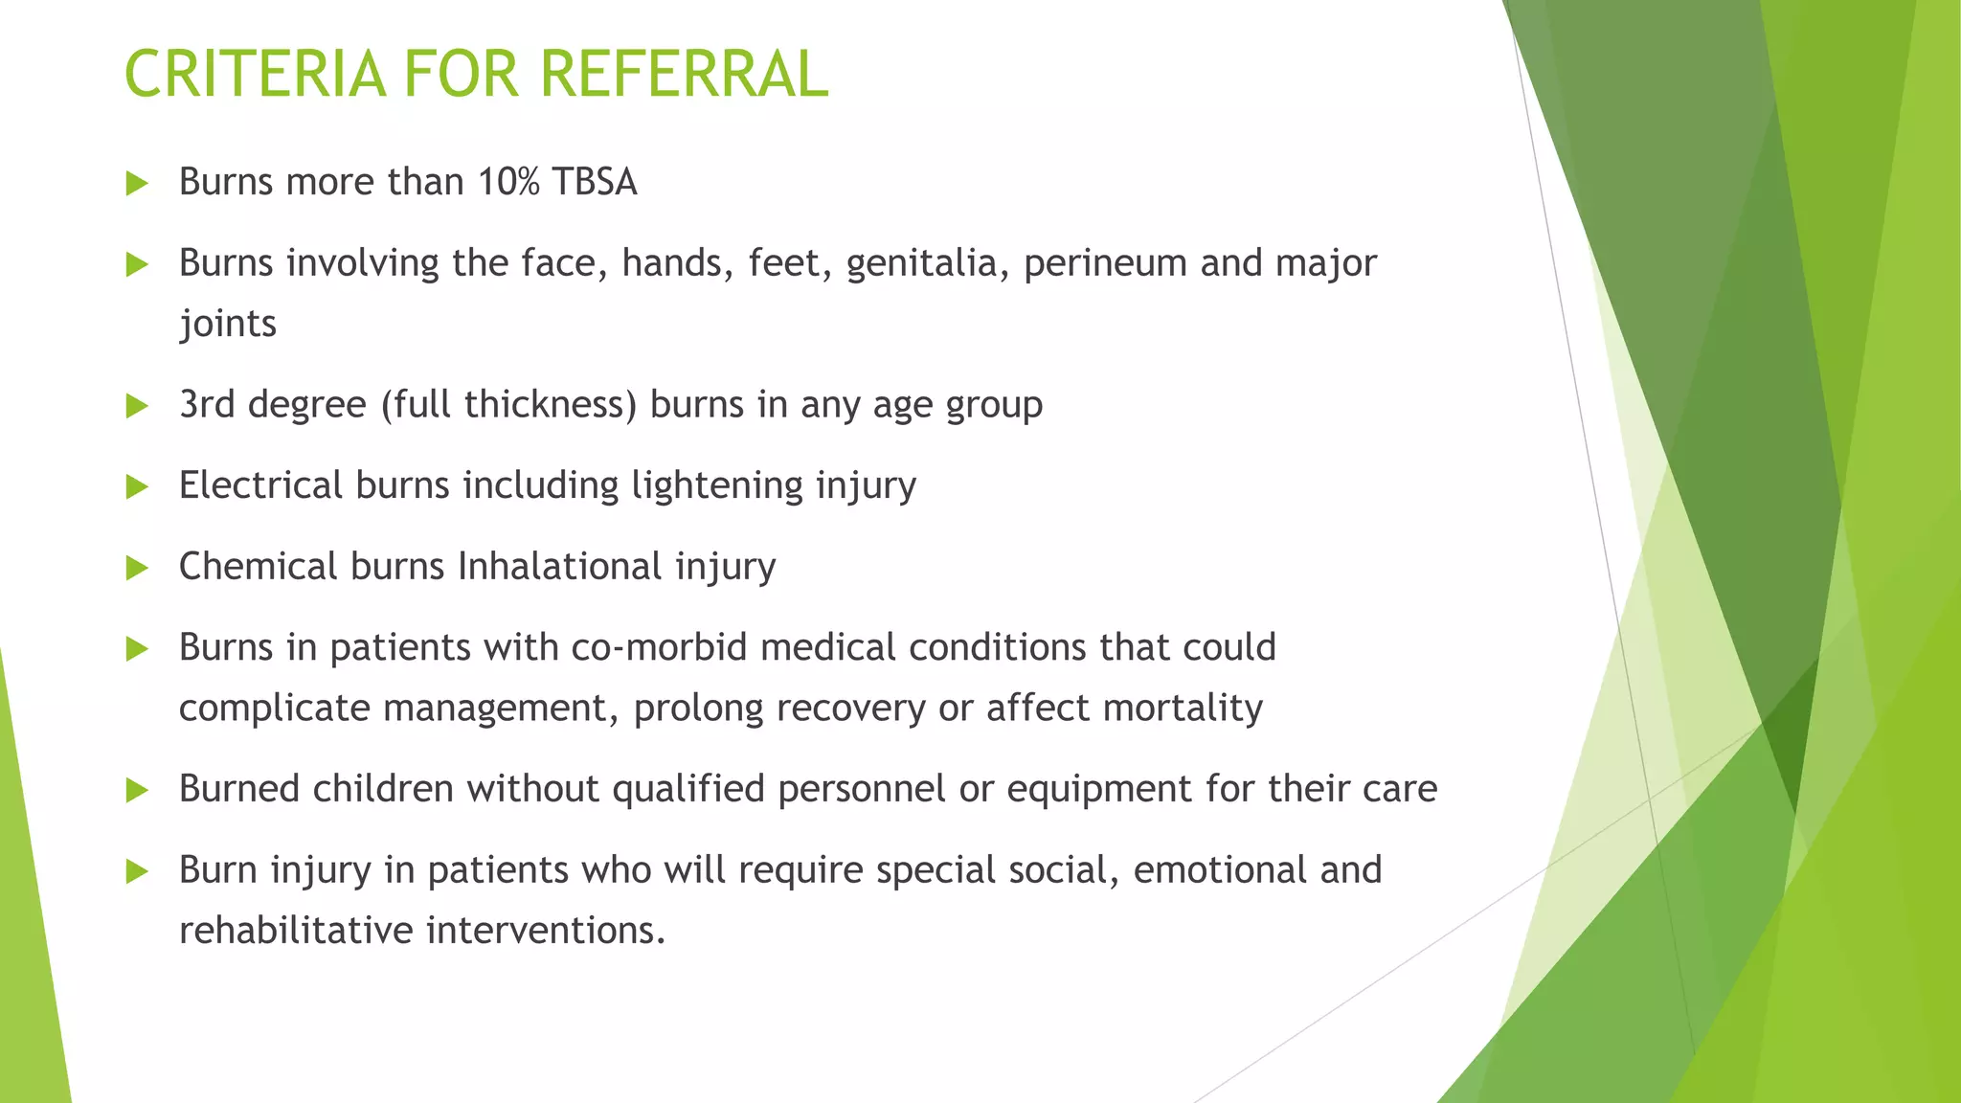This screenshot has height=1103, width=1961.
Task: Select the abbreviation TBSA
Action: point(595,182)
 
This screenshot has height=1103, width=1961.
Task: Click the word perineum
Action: point(1105,263)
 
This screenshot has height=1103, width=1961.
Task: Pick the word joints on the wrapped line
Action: point(228,325)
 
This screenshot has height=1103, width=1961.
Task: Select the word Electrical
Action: point(260,485)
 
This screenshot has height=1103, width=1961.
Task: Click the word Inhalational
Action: point(560,567)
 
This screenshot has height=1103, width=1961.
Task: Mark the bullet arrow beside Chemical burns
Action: point(137,568)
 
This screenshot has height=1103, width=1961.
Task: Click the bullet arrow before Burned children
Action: point(137,790)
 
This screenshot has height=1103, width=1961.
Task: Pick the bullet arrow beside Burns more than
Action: point(137,183)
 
